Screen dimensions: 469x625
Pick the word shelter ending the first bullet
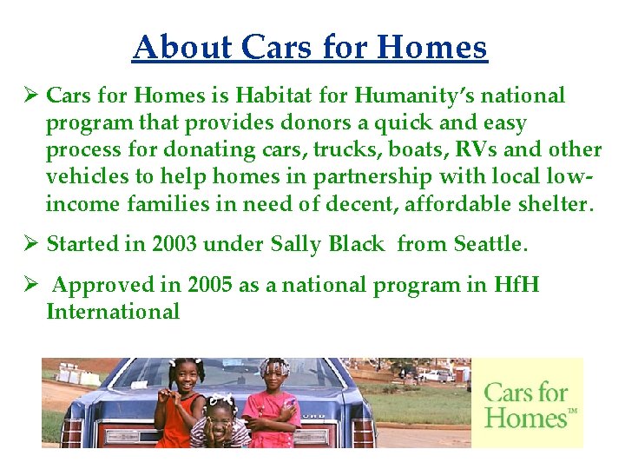pos(549,204)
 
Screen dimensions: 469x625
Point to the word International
pos(113,312)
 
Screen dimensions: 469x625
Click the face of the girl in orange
pos(186,375)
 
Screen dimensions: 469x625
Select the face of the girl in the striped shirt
pos(221,416)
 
